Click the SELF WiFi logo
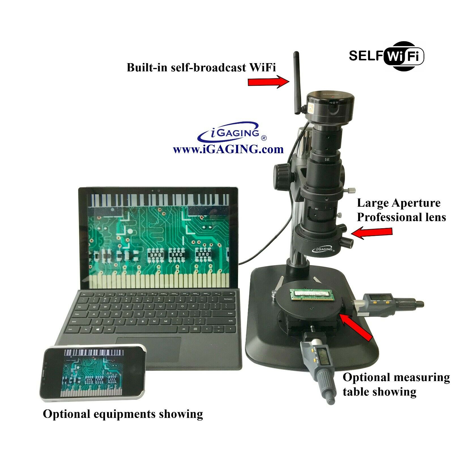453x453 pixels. click(386, 56)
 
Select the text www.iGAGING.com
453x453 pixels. click(228, 149)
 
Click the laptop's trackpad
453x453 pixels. click(149, 349)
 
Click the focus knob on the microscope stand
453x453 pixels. click(282, 173)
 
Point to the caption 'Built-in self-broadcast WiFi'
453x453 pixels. click(201, 67)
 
